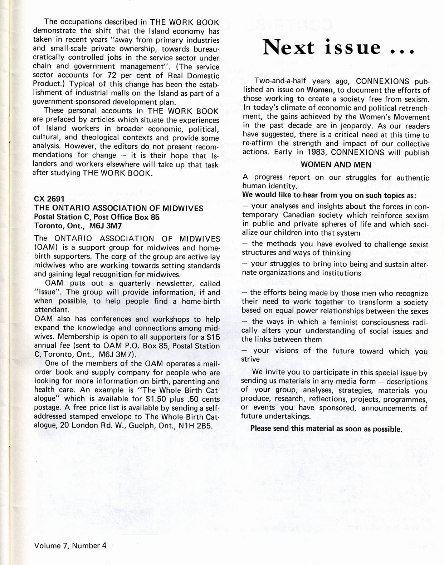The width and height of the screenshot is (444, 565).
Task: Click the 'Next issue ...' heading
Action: (338, 48)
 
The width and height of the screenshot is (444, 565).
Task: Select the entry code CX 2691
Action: (49, 199)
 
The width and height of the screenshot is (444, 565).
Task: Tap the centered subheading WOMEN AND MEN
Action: (336, 165)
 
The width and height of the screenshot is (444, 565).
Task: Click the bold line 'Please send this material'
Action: (326, 428)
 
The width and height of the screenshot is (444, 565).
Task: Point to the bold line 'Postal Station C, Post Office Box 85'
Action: (97, 217)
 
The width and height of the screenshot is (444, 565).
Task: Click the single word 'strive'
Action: (250, 359)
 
